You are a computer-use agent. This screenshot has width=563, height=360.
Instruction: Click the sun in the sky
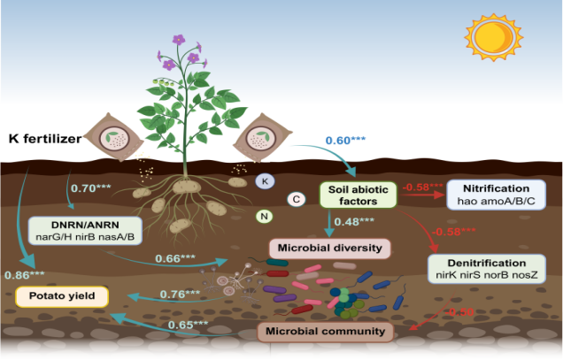click(490, 39)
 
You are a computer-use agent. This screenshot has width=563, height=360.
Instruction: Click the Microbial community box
click(325, 331)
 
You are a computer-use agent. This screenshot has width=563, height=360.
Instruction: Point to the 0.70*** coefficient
click(89, 188)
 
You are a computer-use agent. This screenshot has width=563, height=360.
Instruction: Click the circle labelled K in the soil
click(264, 180)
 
